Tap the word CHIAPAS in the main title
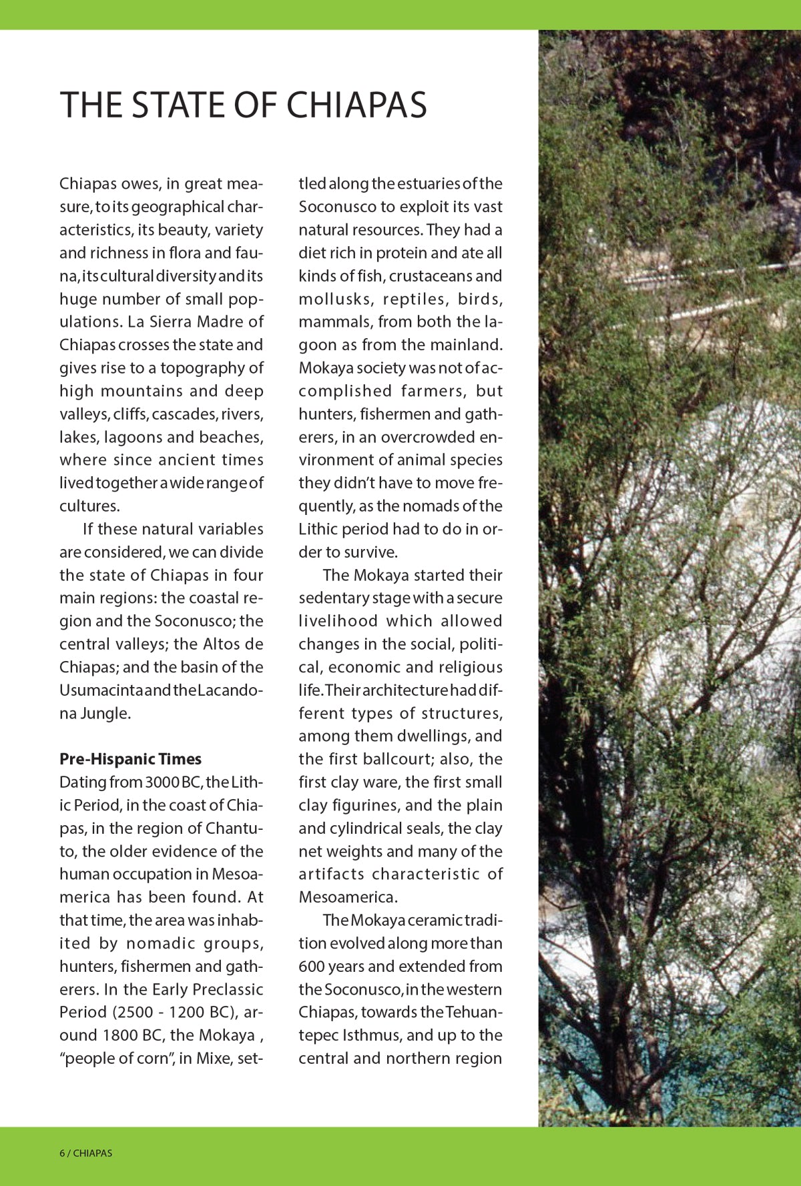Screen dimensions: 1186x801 356,105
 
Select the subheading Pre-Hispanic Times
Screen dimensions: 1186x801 130,759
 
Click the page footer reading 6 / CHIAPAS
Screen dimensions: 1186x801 86,1153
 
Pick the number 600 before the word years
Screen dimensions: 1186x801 312,967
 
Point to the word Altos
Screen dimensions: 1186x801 222,644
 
